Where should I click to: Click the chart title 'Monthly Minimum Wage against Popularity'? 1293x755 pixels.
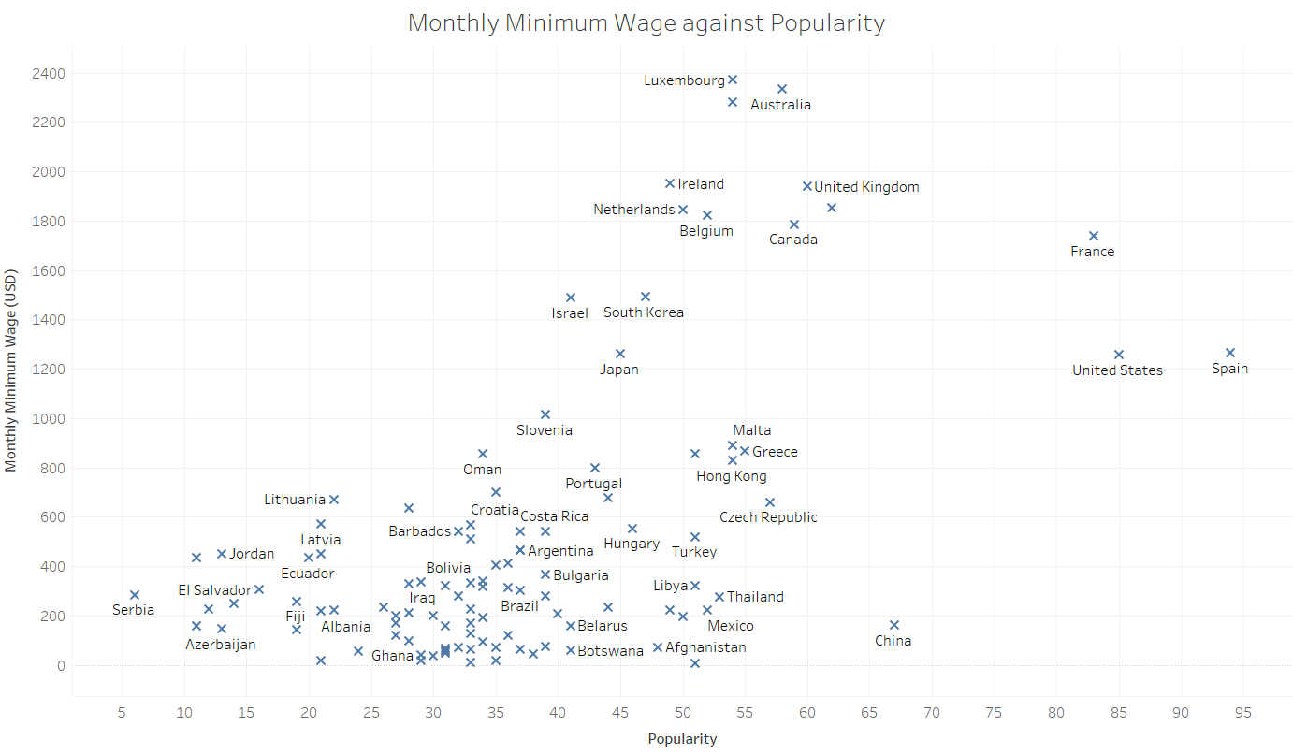[646, 23]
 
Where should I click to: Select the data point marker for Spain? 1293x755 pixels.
[1230, 353]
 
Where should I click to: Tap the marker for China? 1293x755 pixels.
[894, 625]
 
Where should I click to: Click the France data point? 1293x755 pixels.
[1094, 236]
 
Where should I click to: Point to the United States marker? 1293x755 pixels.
[1119, 355]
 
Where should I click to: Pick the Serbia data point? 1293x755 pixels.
[135, 595]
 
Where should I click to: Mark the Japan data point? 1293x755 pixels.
[620, 354]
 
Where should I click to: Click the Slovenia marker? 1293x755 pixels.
[545, 414]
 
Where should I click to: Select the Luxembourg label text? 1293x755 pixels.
[684, 80]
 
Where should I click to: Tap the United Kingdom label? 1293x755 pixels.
[866, 187]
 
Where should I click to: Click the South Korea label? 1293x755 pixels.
[644, 312]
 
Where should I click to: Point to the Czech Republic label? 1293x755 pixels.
[768, 517]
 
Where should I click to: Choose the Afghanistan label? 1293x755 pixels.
[705, 647]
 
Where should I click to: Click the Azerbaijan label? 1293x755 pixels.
[220, 645]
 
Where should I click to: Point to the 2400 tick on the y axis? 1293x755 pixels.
[47, 73]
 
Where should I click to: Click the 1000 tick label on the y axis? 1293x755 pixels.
[47, 418]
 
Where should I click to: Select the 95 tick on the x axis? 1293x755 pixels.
[1243, 713]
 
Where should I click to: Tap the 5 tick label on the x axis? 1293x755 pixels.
[122, 713]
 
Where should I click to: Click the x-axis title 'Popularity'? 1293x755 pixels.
[682, 739]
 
